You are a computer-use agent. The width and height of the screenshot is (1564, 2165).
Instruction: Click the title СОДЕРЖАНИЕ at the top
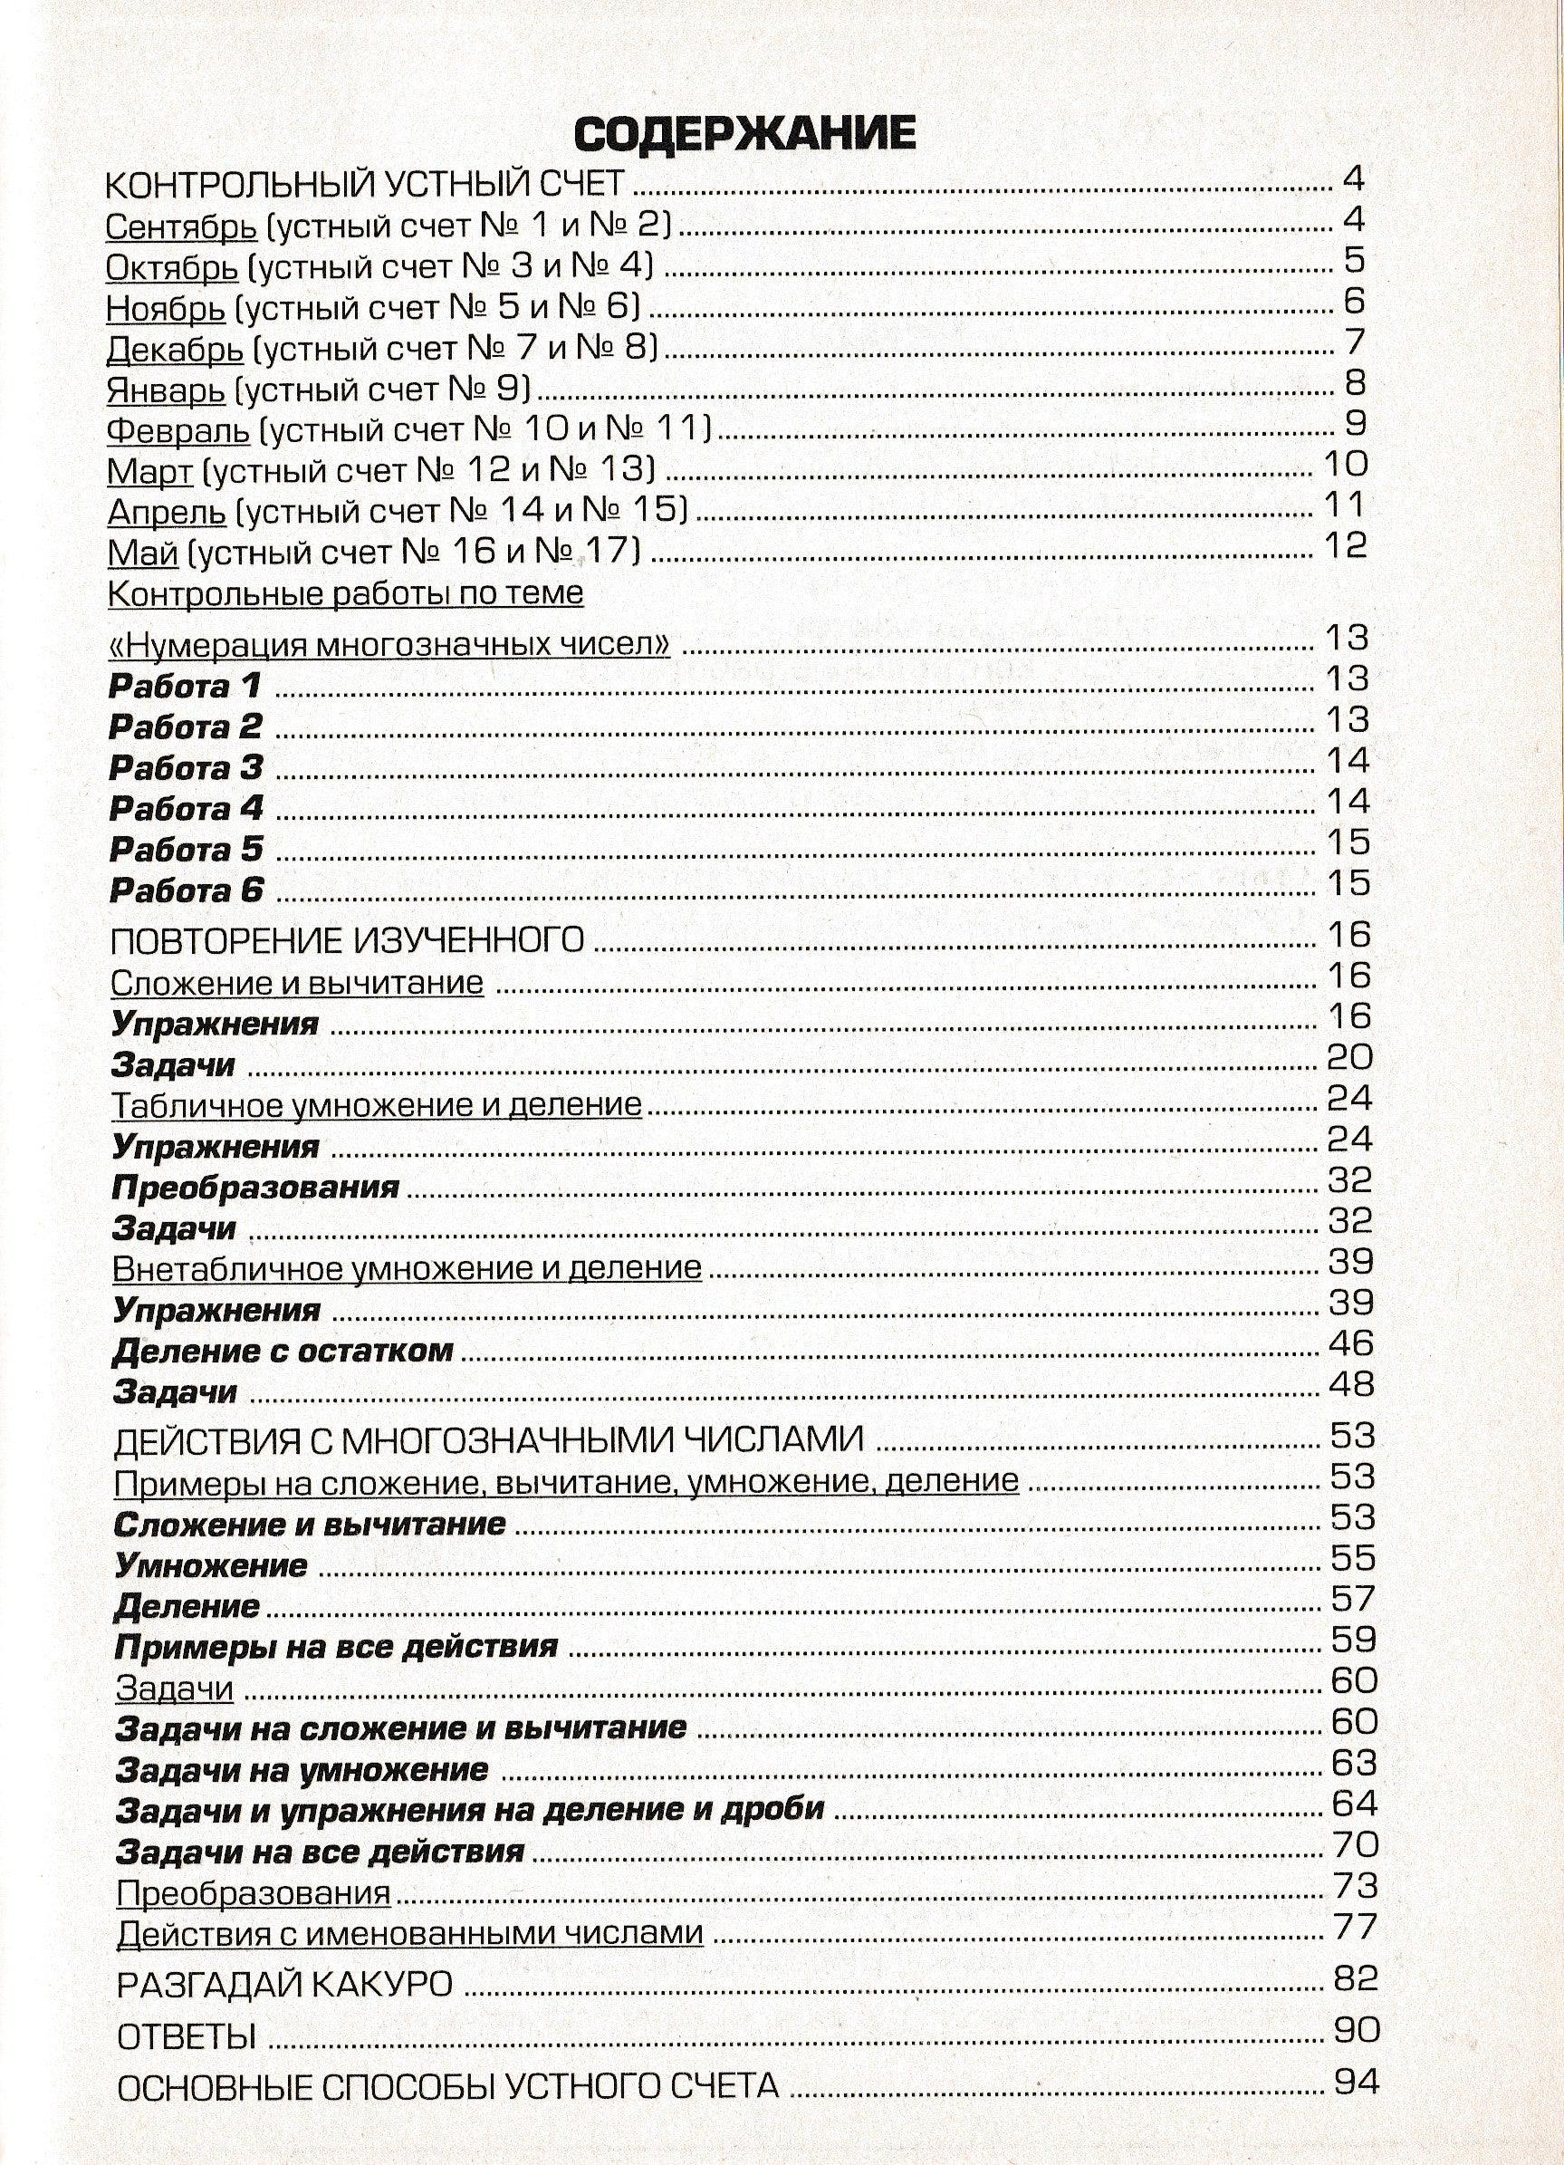744,134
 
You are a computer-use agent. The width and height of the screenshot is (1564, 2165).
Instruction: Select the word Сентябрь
181,227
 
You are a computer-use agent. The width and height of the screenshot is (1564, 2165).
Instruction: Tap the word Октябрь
172,268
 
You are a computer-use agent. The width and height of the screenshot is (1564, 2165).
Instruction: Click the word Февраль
178,431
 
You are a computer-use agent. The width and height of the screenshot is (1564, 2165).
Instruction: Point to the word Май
143,553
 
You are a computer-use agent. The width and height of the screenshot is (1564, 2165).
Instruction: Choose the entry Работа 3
186,767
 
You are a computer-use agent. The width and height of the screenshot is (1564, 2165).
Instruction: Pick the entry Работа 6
186,890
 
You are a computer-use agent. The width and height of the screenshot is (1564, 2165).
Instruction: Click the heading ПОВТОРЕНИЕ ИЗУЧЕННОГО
348,941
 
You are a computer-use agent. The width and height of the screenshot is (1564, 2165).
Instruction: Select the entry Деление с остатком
283,1352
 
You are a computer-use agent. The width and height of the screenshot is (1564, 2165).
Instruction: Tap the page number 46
1350,1343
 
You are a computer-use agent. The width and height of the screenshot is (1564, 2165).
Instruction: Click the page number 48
1350,1384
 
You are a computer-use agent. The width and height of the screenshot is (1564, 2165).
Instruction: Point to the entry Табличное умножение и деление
377,1105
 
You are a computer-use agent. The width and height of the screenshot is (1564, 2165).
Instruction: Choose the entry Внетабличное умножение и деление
408,1268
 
